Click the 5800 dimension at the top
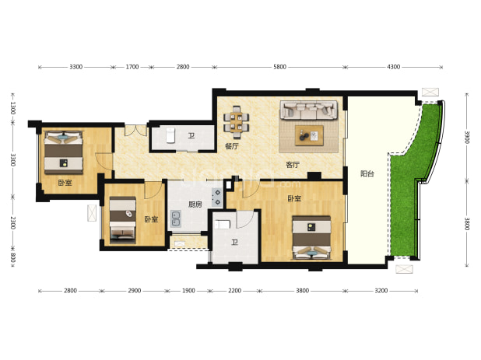pyautogui.click(x=279, y=67)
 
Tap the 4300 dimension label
pyautogui.click(x=394, y=67)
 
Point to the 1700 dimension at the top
pyautogui.click(x=132, y=67)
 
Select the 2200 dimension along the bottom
pyautogui.click(x=235, y=291)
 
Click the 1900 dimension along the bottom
pyautogui.click(x=188, y=291)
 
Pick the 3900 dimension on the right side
pyautogui.click(x=466, y=137)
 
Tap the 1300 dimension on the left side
pyautogui.click(x=13, y=108)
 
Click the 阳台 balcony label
pyautogui.click(x=367, y=173)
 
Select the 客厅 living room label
pyautogui.click(x=293, y=165)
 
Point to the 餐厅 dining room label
pyautogui.click(x=232, y=146)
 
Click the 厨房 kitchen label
pyautogui.click(x=195, y=204)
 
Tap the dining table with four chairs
pyautogui.click(x=236, y=122)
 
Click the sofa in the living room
pyautogui.click(x=308, y=110)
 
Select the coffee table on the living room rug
pyautogui.click(x=309, y=135)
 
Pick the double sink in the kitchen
pyautogui.click(x=176, y=218)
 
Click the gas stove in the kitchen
pyautogui.click(x=217, y=197)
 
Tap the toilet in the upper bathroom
pyautogui.click(x=170, y=135)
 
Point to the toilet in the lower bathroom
pyautogui.click(x=223, y=225)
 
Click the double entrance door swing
pyautogui.click(x=135, y=131)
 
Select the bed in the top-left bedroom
pyautogui.click(x=64, y=152)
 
